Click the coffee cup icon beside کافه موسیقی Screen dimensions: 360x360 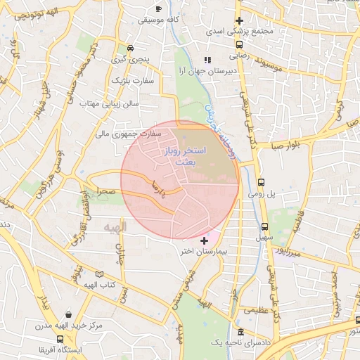coord(158,8)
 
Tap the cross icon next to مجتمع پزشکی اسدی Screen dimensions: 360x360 coord(240,21)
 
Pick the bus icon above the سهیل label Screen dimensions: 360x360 coord(264,226)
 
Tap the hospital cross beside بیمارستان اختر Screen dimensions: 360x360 coord(205,240)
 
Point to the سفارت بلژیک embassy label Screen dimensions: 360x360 coord(131,81)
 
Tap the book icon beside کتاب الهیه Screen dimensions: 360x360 coord(98,274)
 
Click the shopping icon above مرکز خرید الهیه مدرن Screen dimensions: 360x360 coord(68,316)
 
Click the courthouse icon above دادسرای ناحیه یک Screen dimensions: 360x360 coord(241,331)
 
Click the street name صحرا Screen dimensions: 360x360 coord(105,191)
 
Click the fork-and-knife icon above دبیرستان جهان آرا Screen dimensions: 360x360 coord(207,60)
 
